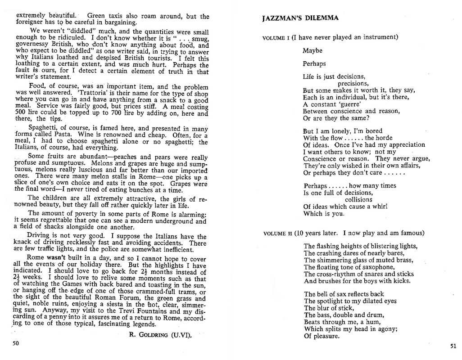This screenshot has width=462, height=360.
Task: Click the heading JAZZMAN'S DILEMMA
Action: pyautogui.click(x=300, y=18)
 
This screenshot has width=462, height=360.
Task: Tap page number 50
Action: pyautogui.click(x=16, y=343)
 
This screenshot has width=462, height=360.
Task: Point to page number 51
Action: pyautogui.click(x=453, y=346)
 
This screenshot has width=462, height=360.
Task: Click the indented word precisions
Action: pyautogui.click(x=353, y=84)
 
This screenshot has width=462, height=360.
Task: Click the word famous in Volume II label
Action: pyautogui.click(x=409, y=233)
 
